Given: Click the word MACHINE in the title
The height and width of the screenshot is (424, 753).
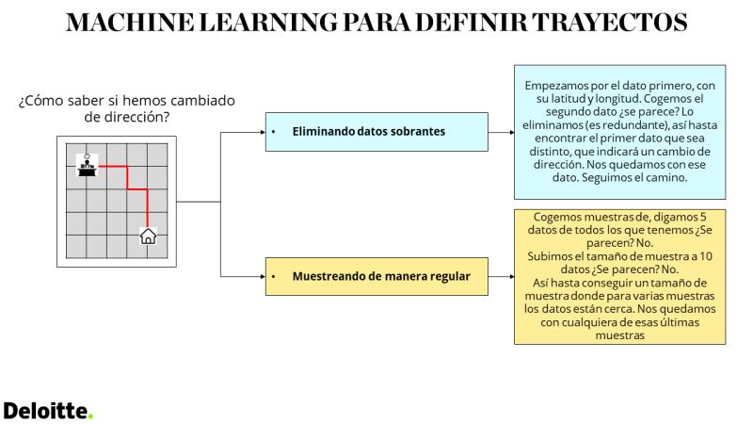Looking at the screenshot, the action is point(130,22).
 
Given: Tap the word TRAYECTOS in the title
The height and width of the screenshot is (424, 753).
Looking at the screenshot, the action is point(610,22).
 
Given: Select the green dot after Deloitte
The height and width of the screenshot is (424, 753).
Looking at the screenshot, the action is point(90,417).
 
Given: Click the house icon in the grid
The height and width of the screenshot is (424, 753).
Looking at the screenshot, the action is point(148,236).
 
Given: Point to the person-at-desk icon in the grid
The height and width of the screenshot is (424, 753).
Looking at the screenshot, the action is point(87,165).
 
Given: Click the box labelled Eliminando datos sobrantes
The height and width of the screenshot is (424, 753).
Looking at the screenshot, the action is point(376,132).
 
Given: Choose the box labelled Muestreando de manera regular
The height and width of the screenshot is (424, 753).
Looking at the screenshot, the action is point(376,276).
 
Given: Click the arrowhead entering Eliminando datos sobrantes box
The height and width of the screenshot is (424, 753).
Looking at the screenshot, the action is point(263,132).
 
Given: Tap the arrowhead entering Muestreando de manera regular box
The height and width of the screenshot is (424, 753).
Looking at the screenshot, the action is point(263,276).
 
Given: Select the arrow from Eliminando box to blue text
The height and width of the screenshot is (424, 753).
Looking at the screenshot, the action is point(501,132).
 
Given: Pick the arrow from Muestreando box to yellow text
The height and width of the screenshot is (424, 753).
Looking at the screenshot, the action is point(501,276).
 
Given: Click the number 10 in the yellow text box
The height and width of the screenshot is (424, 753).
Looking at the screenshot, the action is point(705,256).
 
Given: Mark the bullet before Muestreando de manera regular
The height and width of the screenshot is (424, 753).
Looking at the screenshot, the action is point(273,276).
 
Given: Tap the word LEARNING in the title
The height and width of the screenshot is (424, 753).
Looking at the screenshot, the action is point(268,22).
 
